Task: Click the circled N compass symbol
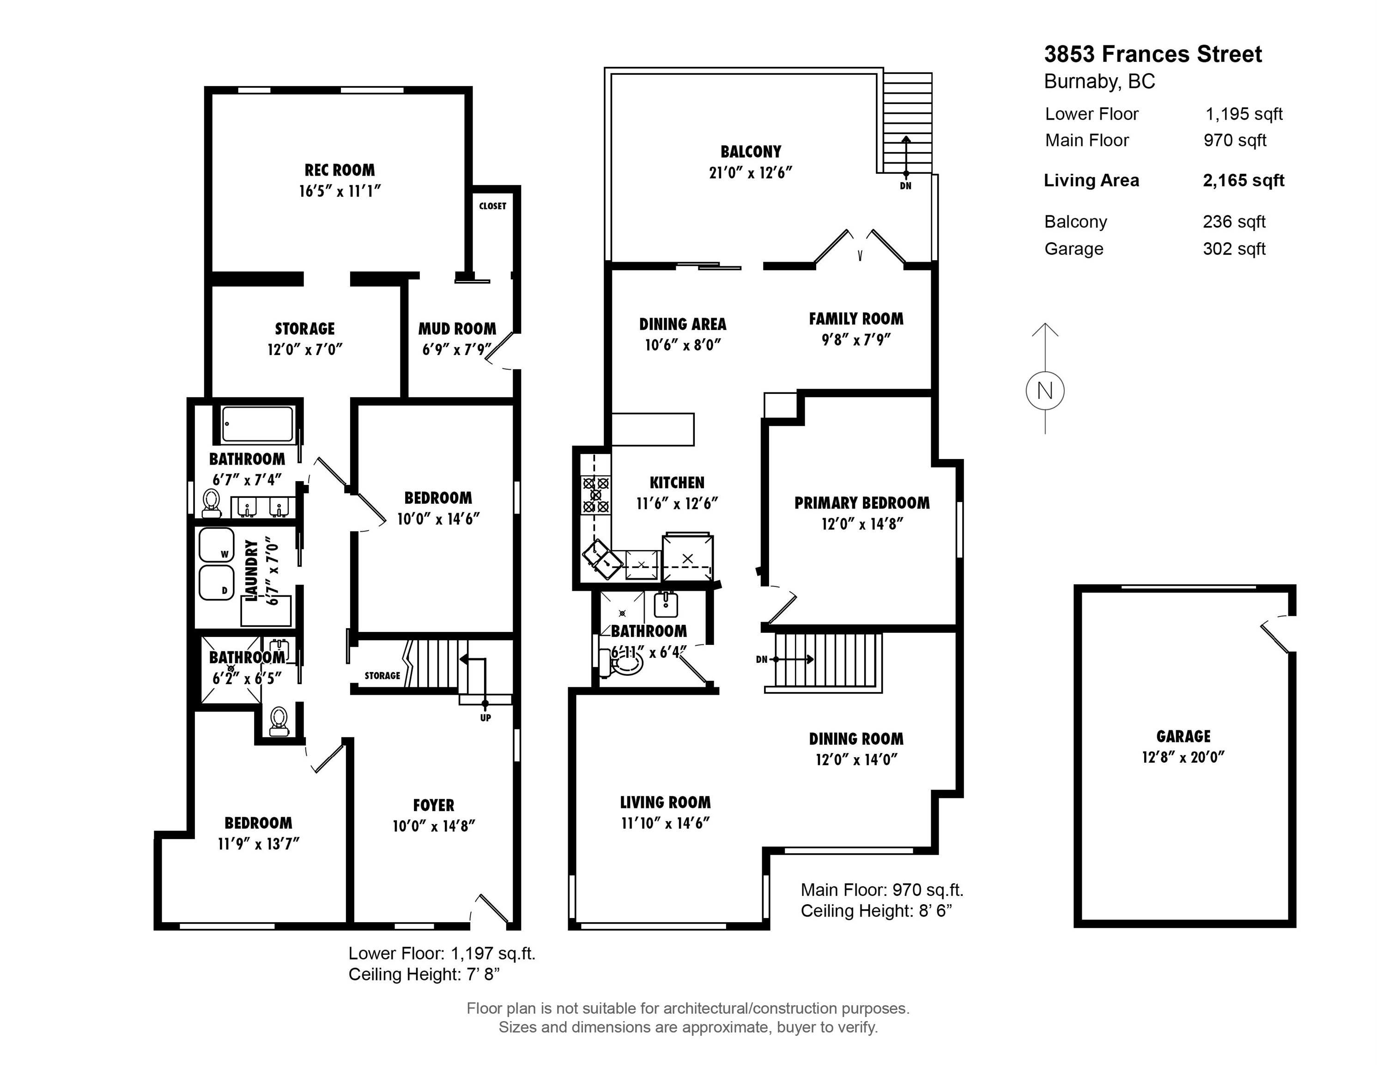click(1045, 391)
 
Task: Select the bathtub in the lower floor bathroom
click(258, 424)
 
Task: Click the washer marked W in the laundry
click(216, 545)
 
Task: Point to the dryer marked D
click(216, 582)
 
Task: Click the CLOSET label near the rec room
click(492, 206)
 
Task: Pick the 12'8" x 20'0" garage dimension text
click(1183, 757)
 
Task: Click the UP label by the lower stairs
click(485, 717)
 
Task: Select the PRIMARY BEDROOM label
click(862, 503)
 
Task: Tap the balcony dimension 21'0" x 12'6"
click(750, 172)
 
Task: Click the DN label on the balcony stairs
click(905, 186)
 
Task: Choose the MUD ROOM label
click(457, 329)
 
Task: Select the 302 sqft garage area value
click(1234, 249)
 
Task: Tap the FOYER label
click(433, 805)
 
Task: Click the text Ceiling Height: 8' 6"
click(876, 911)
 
